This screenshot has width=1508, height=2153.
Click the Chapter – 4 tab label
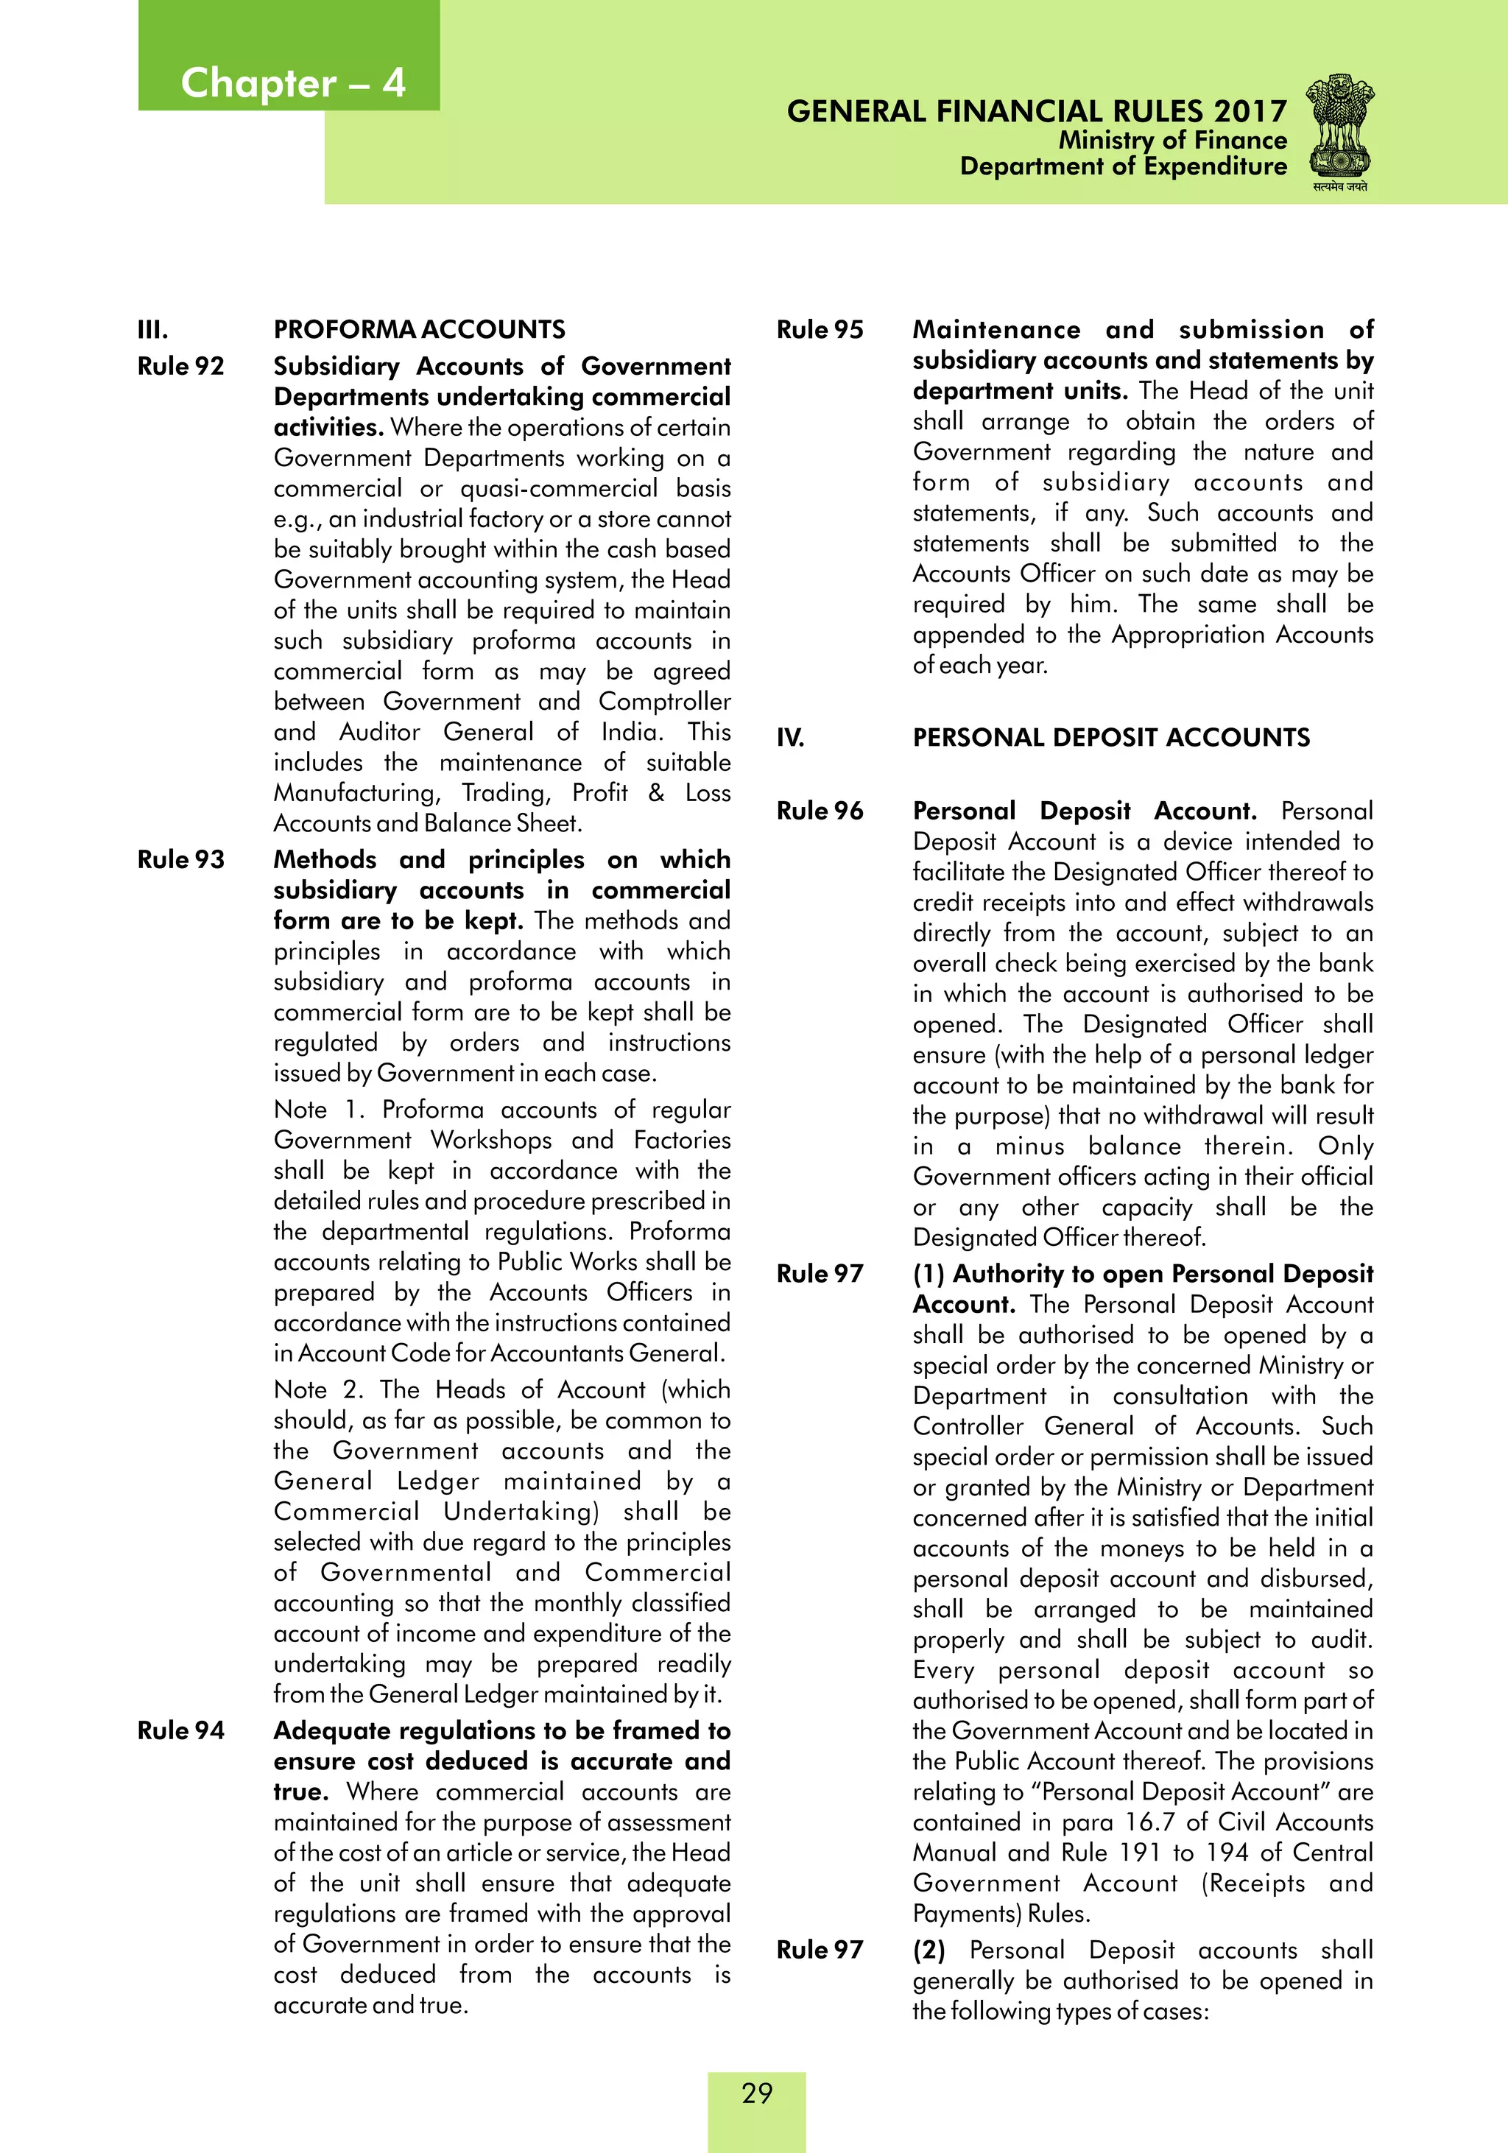click(292, 83)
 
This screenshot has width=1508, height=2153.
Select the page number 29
click(757, 2092)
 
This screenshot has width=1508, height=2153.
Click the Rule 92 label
click(181, 367)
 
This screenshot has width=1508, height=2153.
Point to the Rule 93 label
click(181, 860)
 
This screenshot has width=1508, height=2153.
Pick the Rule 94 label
click(181, 1730)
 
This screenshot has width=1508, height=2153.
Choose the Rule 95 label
click(820, 330)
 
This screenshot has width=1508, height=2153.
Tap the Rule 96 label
click(820, 811)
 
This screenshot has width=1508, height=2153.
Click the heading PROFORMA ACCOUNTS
click(419, 330)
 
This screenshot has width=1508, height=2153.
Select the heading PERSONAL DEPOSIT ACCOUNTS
click(1111, 738)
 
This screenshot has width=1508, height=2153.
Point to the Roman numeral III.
click(153, 330)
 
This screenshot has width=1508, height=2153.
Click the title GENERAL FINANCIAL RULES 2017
click(1036, 112)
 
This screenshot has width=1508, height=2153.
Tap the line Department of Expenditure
click(1123, 167)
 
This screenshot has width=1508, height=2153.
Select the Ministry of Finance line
click(1172, 141)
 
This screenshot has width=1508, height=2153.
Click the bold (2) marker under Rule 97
click(929, 1951)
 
